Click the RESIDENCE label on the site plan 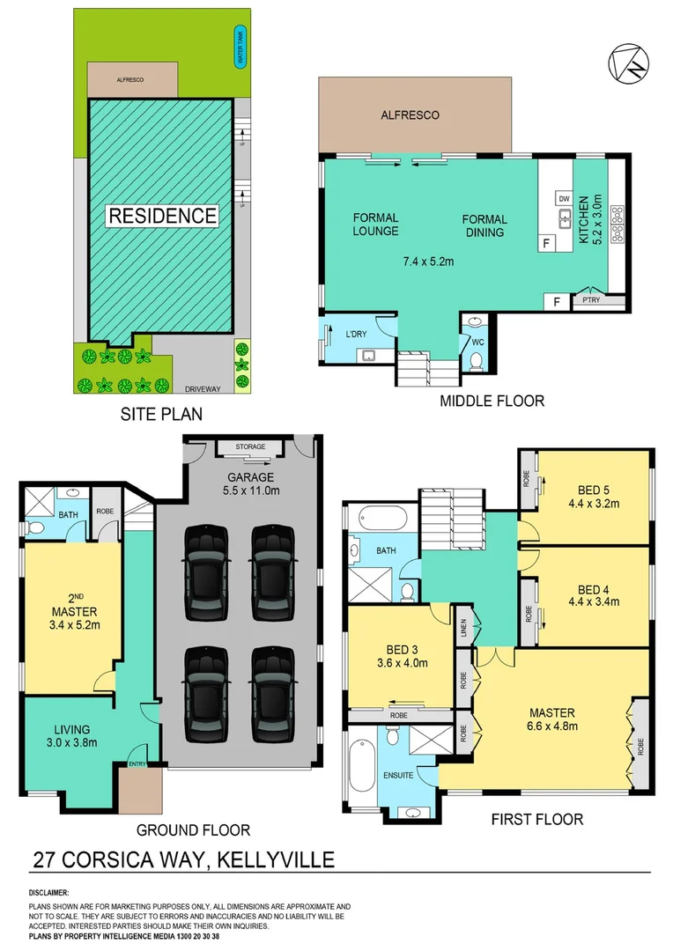tap(163, 216)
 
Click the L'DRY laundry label tap(356, 335)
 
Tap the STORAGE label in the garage tap(249, 447)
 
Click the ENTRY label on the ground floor tap(137, 763)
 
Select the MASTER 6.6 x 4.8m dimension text tap(551, 726)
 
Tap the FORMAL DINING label tap(485, 225)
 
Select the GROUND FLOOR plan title tap(193, 829)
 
